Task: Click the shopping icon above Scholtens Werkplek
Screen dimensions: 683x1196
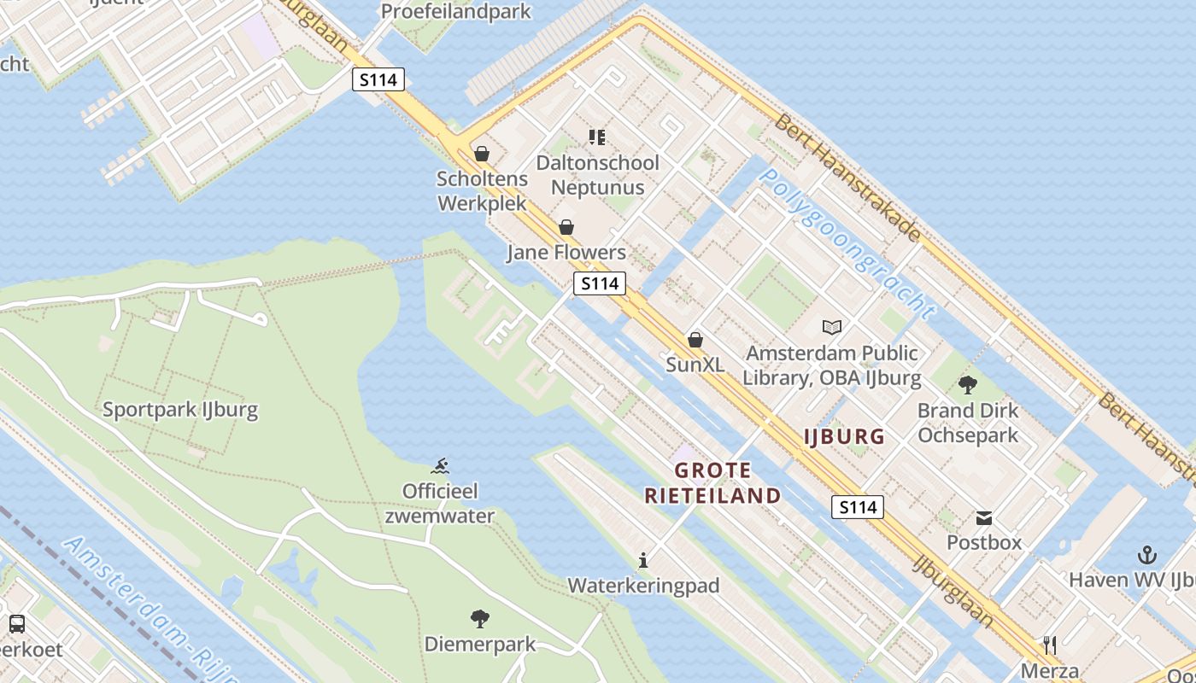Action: coord(482,154)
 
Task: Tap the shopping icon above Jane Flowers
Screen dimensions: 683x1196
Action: coord(566,227)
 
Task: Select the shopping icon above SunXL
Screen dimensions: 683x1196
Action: coord(695,340)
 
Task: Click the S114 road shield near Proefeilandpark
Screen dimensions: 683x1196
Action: coord(378,80)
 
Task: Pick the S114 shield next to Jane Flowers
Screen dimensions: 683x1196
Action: coord(600,283)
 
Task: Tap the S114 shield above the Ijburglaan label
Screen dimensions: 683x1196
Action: coord(858,507)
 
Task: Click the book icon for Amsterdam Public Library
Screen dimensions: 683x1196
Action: coord(831,327)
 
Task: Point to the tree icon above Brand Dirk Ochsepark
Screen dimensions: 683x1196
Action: coord(967,385)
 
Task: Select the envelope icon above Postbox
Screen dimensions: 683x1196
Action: coord(984,517)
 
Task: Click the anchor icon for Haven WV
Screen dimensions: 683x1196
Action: coord(1146,556)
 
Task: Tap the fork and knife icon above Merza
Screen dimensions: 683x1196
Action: coord(1050,645)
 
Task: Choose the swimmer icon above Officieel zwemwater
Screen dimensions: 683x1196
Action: coord(440,466)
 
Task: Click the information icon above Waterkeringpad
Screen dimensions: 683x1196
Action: coord(643,561)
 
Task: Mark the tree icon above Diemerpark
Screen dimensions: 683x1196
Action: coord(480,618)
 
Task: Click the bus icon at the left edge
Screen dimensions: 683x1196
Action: coord(16,624)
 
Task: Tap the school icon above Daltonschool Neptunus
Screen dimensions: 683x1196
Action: coord(597,137)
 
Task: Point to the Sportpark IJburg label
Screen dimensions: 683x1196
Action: coord(180,410)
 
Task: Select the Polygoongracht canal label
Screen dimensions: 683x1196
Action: coord(847,242)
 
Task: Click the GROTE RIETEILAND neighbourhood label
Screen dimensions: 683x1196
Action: coord(712,483)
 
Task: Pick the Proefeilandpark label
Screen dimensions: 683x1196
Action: coord(455,12)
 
